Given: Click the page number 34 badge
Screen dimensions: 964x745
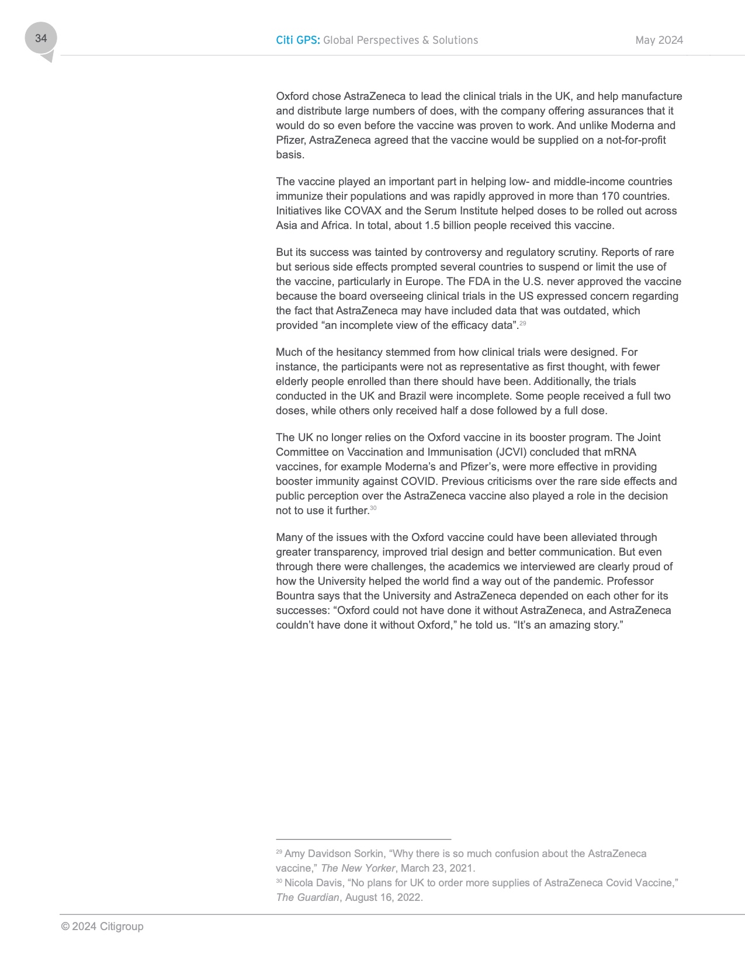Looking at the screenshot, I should point(41,39).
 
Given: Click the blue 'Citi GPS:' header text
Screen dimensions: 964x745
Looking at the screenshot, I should point(297,40).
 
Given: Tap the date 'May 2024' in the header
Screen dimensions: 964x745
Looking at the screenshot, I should point(659,40).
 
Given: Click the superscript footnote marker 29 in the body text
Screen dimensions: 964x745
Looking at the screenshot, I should point(523,323).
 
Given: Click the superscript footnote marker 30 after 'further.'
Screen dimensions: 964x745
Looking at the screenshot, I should point(373,508).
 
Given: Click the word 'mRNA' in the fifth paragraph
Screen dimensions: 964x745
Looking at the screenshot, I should point(620,452).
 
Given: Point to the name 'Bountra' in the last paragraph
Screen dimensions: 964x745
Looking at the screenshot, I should point(295,596).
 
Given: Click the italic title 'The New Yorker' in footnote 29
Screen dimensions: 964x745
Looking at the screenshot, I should point(358,868).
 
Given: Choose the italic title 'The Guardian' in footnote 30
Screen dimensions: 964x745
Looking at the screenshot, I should point(307,897).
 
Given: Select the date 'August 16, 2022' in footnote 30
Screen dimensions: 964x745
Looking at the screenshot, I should point(383,897).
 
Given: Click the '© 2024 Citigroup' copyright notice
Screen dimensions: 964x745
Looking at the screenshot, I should point(102,927).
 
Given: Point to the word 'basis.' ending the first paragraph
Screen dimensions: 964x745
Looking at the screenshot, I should point(290,155).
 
